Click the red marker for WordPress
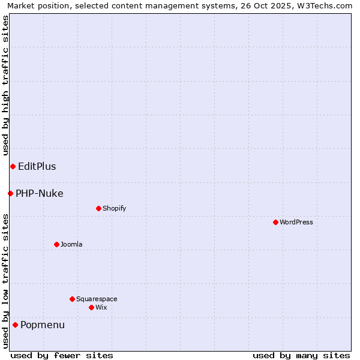point(275,222)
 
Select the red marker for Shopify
point(98,208)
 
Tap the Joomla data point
point(56,244)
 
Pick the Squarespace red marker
point(72,299)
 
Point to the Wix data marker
point(91,307)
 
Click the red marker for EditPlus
point(13,166)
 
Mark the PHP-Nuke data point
point(10,193)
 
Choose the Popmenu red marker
point(15,325)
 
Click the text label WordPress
point(296,222)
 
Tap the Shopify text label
point(114,208)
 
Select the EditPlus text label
point(37,166)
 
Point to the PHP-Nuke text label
point(39,193)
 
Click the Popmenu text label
point(43,325)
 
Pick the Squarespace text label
point(97,299)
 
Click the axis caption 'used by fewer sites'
point(62,355)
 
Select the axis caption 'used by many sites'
point(301,355)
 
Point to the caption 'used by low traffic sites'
point(5,281)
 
